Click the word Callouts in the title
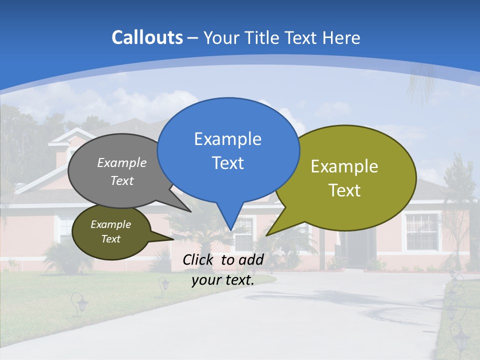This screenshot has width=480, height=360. (147, 37)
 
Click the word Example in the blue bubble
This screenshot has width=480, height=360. (227, 138)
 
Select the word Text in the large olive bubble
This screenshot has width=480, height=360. (344, 190)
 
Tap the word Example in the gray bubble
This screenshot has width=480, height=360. (122, 162)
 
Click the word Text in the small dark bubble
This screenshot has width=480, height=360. (111, 239)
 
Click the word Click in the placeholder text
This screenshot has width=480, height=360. (199, 259)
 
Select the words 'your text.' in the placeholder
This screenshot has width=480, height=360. (223, 280)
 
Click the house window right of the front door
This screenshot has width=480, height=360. (421, 231)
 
